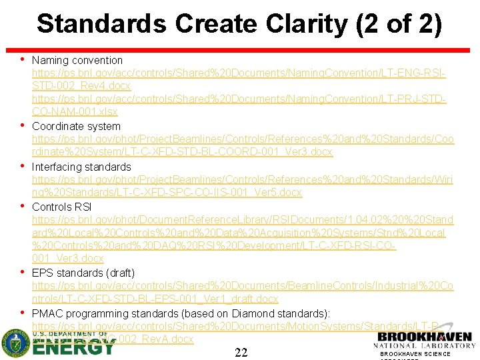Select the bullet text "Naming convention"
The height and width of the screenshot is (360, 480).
tap(77, 60)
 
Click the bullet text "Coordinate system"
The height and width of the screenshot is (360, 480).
tap(76, 126)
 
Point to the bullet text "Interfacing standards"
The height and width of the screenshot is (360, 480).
tap(81, 166)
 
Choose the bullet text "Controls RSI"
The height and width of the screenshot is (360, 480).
tap(61, 206)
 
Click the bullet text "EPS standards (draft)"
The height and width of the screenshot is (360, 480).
tap(83, 273)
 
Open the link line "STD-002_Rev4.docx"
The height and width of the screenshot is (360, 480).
tap(81, 86)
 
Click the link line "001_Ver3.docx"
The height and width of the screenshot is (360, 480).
tap(68, 259)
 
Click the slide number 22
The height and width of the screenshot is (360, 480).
tap(241, 352)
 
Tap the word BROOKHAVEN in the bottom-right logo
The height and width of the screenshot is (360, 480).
tap(425, 338)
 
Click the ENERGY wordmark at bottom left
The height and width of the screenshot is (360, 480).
tap(73, 346)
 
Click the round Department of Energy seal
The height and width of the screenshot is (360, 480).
tap(15, 344)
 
